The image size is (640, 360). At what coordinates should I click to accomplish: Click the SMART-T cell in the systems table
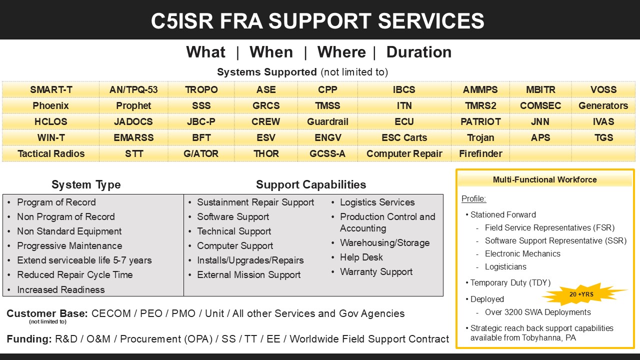click(x=51, y=90)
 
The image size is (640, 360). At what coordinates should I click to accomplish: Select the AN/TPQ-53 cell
click(x=133, y=90)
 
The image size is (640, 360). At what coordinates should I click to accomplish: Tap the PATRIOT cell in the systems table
click(x=480, y=122)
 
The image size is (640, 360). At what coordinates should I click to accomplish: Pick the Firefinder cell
click(x=480, y=154)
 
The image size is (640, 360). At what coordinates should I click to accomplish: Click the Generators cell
click(x=603, y=106)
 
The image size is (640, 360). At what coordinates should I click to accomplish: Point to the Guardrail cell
click(x=327, y=122)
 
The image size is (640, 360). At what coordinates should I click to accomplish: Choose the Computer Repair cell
click(x=404, y=154)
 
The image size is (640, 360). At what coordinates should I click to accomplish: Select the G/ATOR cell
click(x=201, y=154)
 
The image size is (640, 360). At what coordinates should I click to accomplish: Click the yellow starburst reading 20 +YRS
click(x=582, y=294)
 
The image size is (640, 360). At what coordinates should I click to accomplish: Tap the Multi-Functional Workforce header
click(x=544, y=180)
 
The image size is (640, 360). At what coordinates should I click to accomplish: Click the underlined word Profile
click(x=473, y=199)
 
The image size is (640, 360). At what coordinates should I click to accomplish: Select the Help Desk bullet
click(x=361, y=257)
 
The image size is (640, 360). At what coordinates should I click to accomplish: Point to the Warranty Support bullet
click(x=376, y=272)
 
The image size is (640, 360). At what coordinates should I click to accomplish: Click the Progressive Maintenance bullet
click(x=69, y=246)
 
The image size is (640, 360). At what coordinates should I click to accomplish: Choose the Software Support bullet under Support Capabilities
click(x=233, y=217)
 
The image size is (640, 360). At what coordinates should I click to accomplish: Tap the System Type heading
click(x=86, y=185)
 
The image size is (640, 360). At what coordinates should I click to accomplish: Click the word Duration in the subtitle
click(x=418, y=52)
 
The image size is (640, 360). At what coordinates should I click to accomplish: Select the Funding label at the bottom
click(x=29, y=339)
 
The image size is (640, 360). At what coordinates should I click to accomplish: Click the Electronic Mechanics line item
click(x=522, y=254)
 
